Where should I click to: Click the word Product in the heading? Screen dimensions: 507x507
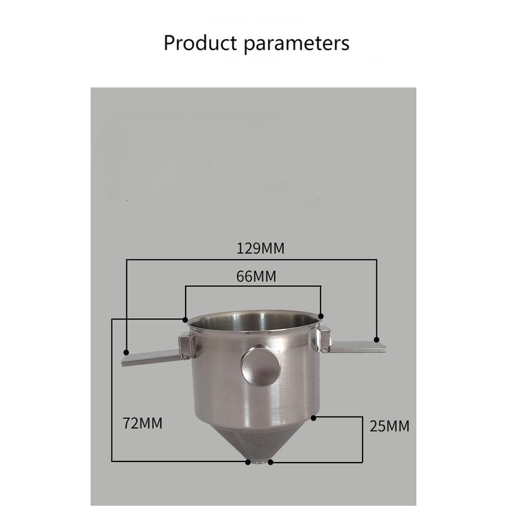tap(200, 44)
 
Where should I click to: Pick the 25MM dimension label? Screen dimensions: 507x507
tap(388, 426)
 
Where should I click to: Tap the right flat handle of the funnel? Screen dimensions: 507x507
tap(356, 345)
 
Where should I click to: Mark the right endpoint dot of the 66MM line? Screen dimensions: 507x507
tap(321, 315)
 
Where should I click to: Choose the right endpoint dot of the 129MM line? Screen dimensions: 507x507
tap(376, 339)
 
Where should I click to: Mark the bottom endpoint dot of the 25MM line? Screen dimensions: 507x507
tap(271, 462)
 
